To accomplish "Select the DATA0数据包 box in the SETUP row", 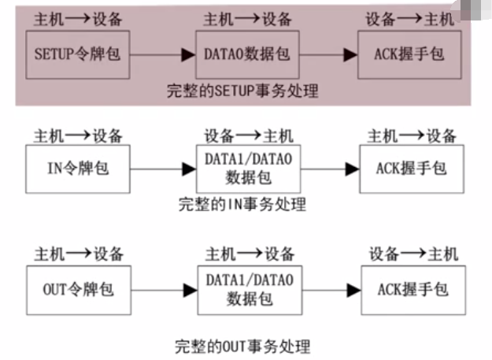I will tap(247, 54).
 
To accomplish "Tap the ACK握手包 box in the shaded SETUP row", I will tap(410, 55).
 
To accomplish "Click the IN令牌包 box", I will tap(77, 168).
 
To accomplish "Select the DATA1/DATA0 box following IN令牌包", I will tap(248, 169).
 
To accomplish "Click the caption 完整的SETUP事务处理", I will tap(242, 91).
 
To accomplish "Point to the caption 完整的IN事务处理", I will tap(242, 206).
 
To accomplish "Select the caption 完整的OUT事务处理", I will tap(242, 346).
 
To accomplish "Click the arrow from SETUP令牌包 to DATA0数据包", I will tap(162, 54).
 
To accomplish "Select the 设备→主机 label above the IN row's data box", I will tap(249, 135).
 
